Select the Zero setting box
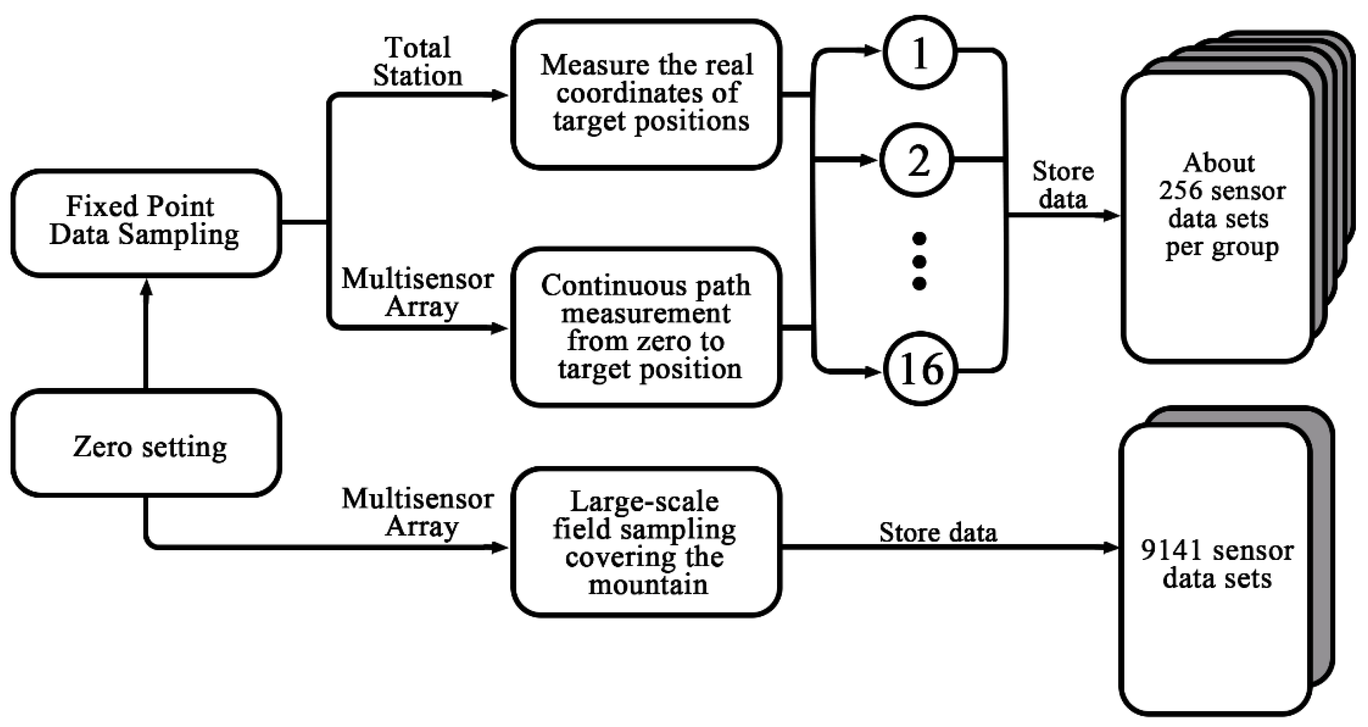point(146,444)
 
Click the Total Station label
point(418,62)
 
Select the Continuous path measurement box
point(646,327)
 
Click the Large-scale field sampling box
point(646,542)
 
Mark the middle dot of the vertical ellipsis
point(919,261)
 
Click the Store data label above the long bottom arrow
point(938,533)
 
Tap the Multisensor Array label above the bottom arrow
point(418,512)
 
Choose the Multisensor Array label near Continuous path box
point(418,293)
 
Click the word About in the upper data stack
point(1219,163)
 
